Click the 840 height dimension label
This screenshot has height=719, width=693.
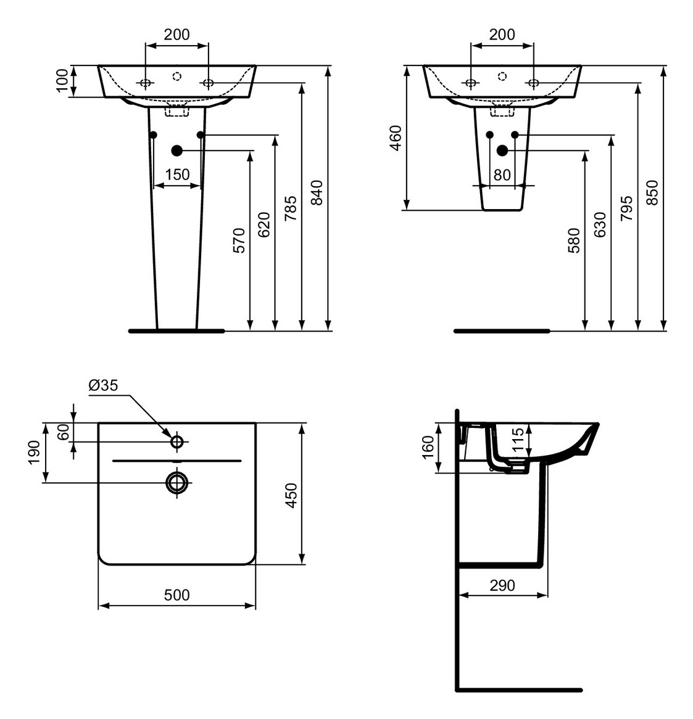[317, 192]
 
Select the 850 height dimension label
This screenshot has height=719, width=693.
[653, 192]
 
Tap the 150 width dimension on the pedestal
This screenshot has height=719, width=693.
[177, 175]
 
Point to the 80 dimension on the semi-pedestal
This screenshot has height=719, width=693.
[502, 175]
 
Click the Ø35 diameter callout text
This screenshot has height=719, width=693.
[103, 385]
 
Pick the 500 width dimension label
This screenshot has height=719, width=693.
[177, 595]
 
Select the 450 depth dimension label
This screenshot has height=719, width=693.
[291, 495]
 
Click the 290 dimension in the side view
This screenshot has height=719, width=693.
[502, 585]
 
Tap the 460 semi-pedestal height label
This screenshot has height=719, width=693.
[396, 138]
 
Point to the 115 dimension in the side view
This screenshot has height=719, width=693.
[518, 440]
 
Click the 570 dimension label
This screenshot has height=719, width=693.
[239, 240]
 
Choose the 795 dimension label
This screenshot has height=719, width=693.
[626, 208]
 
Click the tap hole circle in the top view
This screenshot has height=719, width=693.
[177, 442]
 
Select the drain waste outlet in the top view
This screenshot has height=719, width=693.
[177, 483]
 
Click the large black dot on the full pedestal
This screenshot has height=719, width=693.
[177, 150]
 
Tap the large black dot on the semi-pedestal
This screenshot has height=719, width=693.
[502, 150]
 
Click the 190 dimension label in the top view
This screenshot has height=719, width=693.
[34, 453]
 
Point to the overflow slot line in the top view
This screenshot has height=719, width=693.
[177, 461]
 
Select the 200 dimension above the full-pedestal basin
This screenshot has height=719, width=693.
[177, 35]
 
